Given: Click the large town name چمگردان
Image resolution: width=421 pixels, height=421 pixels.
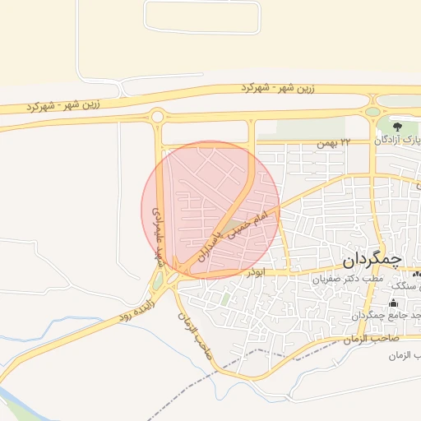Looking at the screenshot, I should [372, 260].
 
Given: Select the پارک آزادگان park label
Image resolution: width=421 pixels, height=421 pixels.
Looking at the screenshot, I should [398, 140].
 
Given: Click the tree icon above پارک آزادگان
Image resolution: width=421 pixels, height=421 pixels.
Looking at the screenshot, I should [397, 126].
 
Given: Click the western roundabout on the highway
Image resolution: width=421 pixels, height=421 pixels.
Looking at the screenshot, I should [157, 117].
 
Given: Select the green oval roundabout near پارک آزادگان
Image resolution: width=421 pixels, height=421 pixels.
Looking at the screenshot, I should [372, 112].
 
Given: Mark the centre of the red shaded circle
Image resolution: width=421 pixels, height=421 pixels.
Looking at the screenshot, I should [210, 210].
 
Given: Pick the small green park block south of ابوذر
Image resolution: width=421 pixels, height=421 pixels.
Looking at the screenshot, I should [224, 299].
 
